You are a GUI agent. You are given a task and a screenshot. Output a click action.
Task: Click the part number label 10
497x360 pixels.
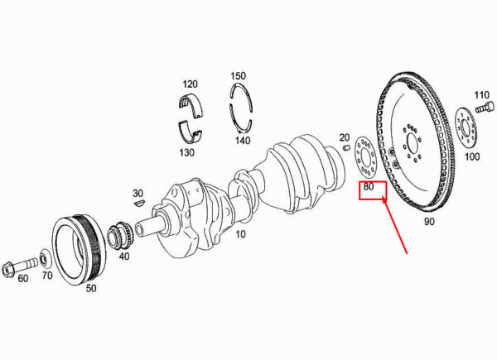tap(240, 234)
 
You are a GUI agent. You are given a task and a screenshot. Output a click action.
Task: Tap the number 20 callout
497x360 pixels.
tap(345, 137)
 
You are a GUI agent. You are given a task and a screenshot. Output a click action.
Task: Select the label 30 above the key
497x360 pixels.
tap(138, 193)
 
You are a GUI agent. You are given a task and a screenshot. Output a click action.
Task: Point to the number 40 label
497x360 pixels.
tap(124, 256)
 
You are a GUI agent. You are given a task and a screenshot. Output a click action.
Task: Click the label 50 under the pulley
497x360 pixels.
tap(91, 288)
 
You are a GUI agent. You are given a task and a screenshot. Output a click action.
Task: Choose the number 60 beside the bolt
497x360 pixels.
tap(23, 279)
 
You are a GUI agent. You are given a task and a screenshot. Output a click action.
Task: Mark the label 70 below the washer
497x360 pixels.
tap(47, 276)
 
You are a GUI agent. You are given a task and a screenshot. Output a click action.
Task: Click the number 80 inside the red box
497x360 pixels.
tap(369, 187)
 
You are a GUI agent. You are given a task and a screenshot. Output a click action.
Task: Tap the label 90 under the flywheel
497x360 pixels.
tap(429, 222)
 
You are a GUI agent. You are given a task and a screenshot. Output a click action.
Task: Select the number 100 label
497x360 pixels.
tap(472, 156)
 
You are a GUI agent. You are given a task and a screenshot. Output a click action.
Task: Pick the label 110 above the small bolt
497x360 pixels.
tap(481, 95)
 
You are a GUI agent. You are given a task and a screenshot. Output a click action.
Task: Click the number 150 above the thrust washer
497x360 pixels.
tap(238, 76)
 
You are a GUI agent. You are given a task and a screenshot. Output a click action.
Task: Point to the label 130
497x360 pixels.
tap(186, 152)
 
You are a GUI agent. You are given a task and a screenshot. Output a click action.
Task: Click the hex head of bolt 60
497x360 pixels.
tap(7, 270)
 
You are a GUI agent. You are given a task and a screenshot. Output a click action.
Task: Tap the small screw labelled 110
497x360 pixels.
tap(485, 107)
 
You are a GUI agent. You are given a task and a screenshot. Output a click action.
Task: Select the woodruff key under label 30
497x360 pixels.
tap(139, 203)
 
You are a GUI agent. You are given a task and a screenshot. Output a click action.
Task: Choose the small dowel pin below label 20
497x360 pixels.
tap(346, 147)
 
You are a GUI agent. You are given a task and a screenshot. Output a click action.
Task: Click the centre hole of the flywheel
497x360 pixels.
tap(413, 143)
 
